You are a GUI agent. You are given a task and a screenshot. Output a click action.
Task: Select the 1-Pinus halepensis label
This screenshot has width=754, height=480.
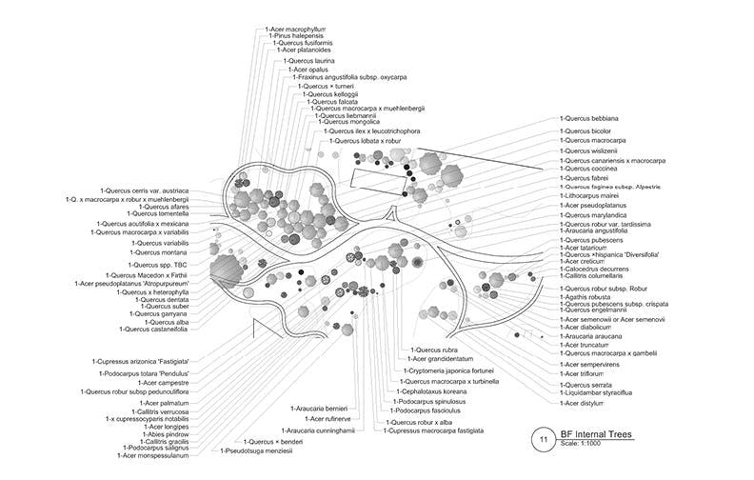296,36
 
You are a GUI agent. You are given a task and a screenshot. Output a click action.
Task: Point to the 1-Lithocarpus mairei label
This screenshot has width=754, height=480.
593,195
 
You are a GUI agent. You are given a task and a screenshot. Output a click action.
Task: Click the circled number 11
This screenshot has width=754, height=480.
544,439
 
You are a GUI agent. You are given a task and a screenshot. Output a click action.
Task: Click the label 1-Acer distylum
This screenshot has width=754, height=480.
585,403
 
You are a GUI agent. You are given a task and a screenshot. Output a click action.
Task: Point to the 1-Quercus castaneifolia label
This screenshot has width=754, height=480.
154,330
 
